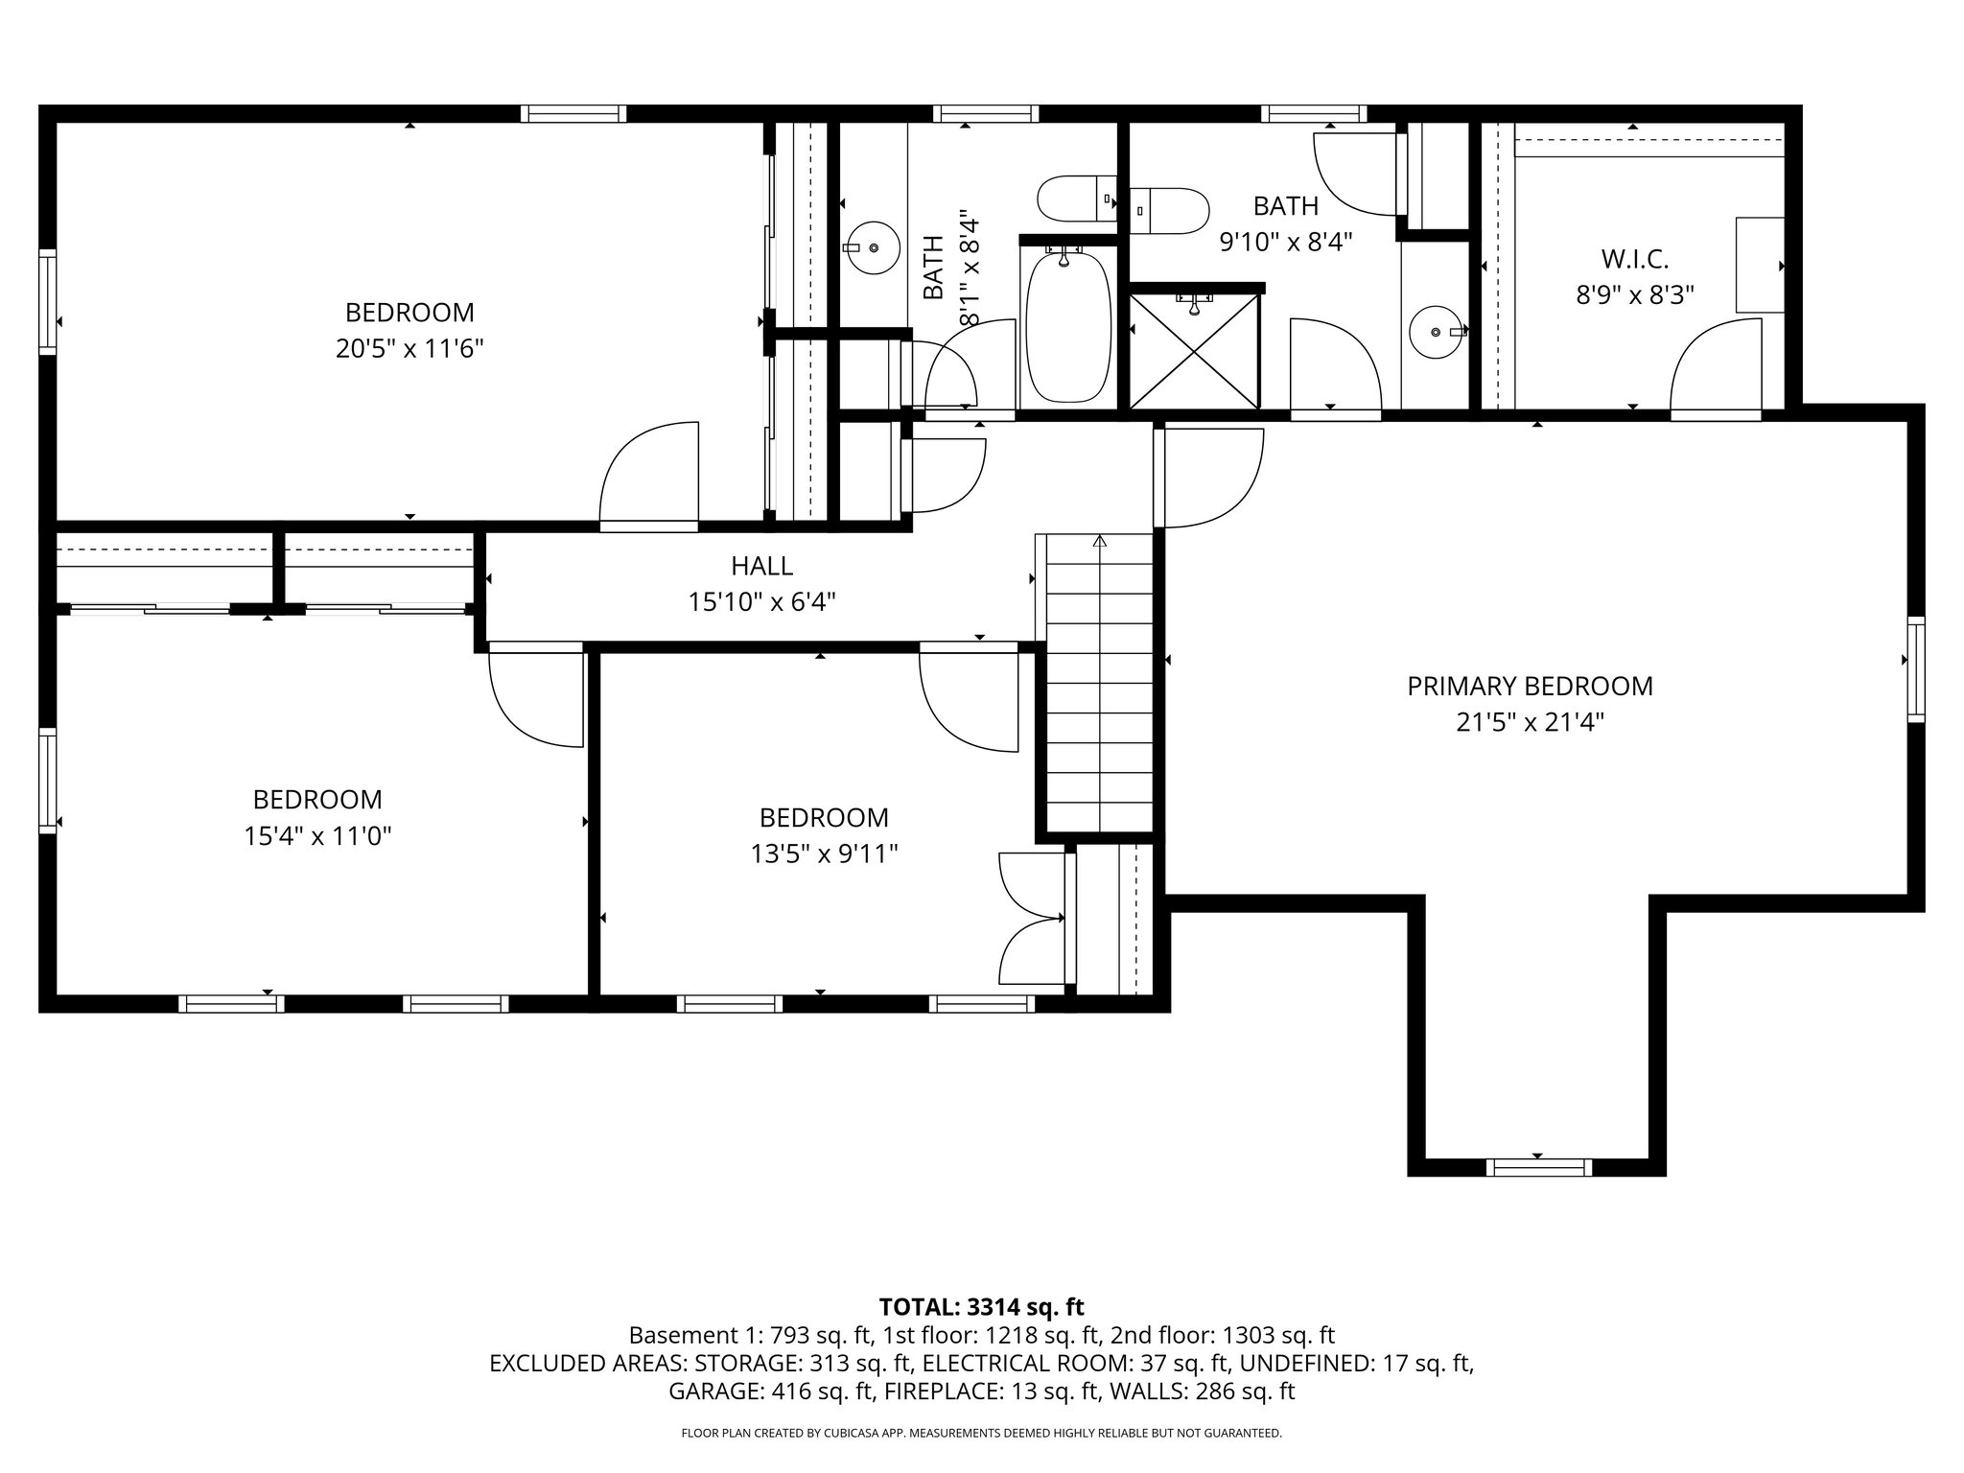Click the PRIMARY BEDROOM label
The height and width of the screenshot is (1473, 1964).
tap(1530, 686)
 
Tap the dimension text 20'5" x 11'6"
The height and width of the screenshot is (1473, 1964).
tap(409, 349)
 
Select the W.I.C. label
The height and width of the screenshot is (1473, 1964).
tap(1635, 258)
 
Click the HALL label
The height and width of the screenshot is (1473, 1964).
tap(761, 566)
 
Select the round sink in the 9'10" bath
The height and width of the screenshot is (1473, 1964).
tap(1436, 332)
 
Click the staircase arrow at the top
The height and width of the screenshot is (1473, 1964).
tap(1099, 542)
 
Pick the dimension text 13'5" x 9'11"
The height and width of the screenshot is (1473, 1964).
tap(824, 853)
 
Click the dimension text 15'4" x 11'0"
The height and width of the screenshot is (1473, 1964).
tap(317, 836)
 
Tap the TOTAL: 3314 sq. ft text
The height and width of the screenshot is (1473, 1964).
tap(981, 1306)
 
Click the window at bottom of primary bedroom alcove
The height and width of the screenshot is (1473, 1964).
tap(1538, 1167)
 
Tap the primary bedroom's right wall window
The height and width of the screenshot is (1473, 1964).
tap(1915, 669)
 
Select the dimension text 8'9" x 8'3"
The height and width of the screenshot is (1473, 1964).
tap(1635, 294)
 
